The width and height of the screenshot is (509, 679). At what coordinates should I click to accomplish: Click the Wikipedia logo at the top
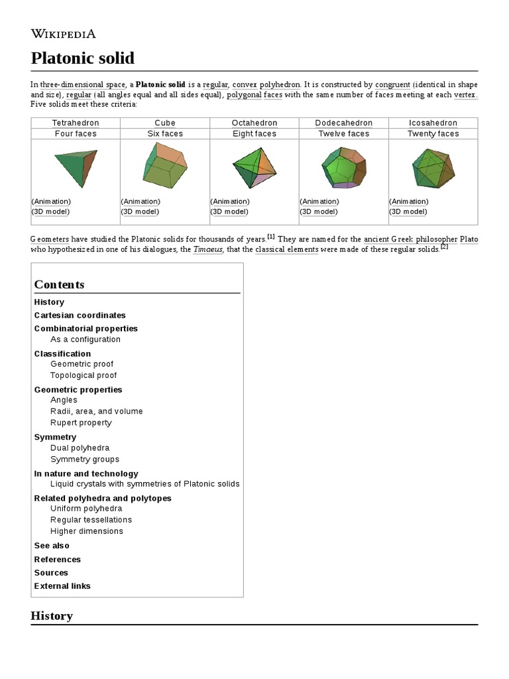coord(64,34)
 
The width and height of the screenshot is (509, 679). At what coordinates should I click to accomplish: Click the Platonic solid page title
coord(83,58)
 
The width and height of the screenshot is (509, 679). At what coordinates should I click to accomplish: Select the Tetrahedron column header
coord(75,123)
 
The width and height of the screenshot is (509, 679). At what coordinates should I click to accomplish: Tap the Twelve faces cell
coord(343,133)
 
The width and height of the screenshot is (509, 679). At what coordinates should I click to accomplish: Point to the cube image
coord(164,166)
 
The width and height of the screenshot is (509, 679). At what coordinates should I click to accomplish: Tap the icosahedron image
coord(433,167)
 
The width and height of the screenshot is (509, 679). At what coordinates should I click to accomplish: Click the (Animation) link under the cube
coord(140,201)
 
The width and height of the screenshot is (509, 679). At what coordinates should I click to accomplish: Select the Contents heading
coord(59,284)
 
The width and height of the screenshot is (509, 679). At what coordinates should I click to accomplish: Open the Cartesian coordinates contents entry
coord(80,315)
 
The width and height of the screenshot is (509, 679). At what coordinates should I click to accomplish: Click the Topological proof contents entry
coord(84,375)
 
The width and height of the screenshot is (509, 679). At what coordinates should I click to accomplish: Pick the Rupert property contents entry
coord(81,422)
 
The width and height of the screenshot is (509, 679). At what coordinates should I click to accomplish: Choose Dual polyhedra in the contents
coord(80,448)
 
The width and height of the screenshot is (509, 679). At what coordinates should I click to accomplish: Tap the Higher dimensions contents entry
coord(86,531)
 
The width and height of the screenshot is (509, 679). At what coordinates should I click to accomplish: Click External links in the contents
coord(62,586)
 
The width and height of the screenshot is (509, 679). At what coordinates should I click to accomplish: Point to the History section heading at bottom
coord(52,615)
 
